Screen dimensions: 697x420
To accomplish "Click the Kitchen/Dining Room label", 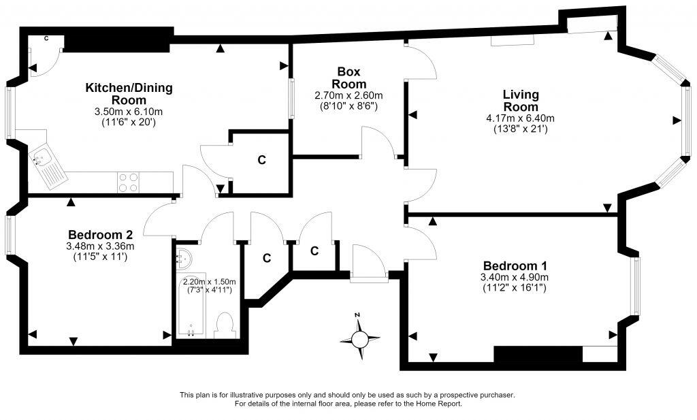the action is click(129, 93).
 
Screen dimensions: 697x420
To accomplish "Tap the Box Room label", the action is click(349, 78).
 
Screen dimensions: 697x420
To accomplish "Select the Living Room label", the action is click(521, 101).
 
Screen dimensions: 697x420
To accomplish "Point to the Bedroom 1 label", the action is click(515, 265).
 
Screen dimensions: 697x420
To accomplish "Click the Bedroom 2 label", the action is click(100, 234).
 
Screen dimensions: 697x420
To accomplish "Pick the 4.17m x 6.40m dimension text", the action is click(521, 118).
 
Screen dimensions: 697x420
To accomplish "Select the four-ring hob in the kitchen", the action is click(128, 182).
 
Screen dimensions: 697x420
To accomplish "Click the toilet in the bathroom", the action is click(225, 326).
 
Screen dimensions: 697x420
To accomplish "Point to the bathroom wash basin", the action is click(184, 259).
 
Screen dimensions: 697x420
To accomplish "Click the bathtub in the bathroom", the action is click(191, 306).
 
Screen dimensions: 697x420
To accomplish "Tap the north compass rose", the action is click(359, 338).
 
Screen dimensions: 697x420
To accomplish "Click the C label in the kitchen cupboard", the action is click(262, 159).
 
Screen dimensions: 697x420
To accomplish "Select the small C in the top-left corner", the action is click(46, 39).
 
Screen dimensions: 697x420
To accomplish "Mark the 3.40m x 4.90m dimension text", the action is click(515, 277).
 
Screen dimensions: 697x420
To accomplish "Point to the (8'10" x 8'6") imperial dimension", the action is click(349, 106).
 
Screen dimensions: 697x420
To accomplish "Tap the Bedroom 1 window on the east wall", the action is click(636, 286).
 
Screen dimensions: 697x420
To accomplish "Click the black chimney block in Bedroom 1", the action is click(538, 354).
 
